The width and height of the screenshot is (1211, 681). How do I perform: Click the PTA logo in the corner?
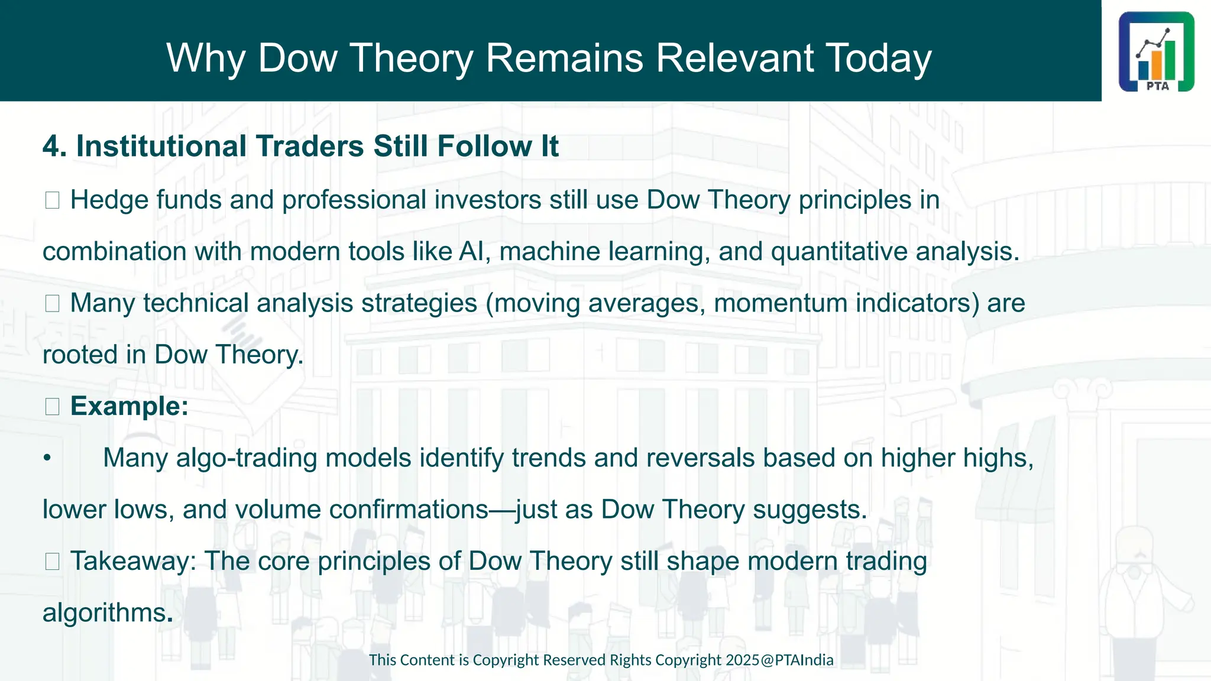(x=1156, y=51)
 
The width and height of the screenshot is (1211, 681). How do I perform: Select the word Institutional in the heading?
(x=161, y=146)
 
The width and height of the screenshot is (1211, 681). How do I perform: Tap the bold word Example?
(x=129, y=406)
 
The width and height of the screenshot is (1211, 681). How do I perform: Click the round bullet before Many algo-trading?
(x=47, y=458)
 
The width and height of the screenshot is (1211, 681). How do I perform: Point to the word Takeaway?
(x=133, y=561)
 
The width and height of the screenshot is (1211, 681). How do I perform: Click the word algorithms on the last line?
(x=104, y=613)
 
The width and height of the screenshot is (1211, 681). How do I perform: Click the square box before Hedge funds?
(x=52, y=200)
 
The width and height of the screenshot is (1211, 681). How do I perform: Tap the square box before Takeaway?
(x=52, y=561)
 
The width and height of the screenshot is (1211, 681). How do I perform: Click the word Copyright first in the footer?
(x=506, y=660)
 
